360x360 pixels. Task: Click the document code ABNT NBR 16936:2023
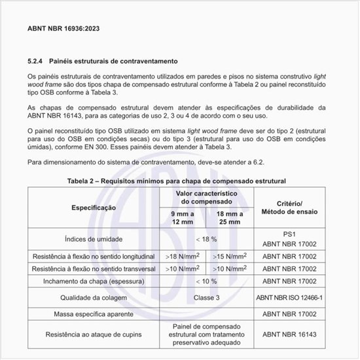[x=63, y=29]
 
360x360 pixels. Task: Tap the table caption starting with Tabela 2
[x=177, y=180]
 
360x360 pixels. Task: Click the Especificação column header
[x=94, y=207]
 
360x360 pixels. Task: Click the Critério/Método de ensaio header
[x=289, y=207]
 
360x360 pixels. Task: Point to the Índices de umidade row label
[x=94, y=239]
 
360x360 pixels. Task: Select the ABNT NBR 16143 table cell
[x=289, y=334]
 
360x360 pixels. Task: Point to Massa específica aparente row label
[x=94, y=314]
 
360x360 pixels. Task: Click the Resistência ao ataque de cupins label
[x=94, y=334]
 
